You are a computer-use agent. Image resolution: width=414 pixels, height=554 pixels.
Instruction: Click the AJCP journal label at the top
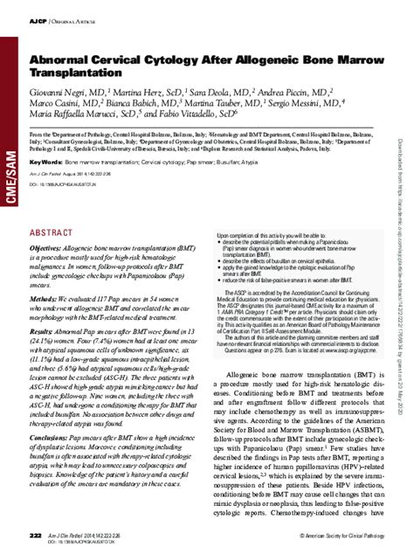click(39, 18)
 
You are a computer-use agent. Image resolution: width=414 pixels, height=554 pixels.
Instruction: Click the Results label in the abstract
click(46, 332)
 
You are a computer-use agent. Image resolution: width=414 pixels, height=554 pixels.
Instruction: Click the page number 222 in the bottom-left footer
click(35, 533)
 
